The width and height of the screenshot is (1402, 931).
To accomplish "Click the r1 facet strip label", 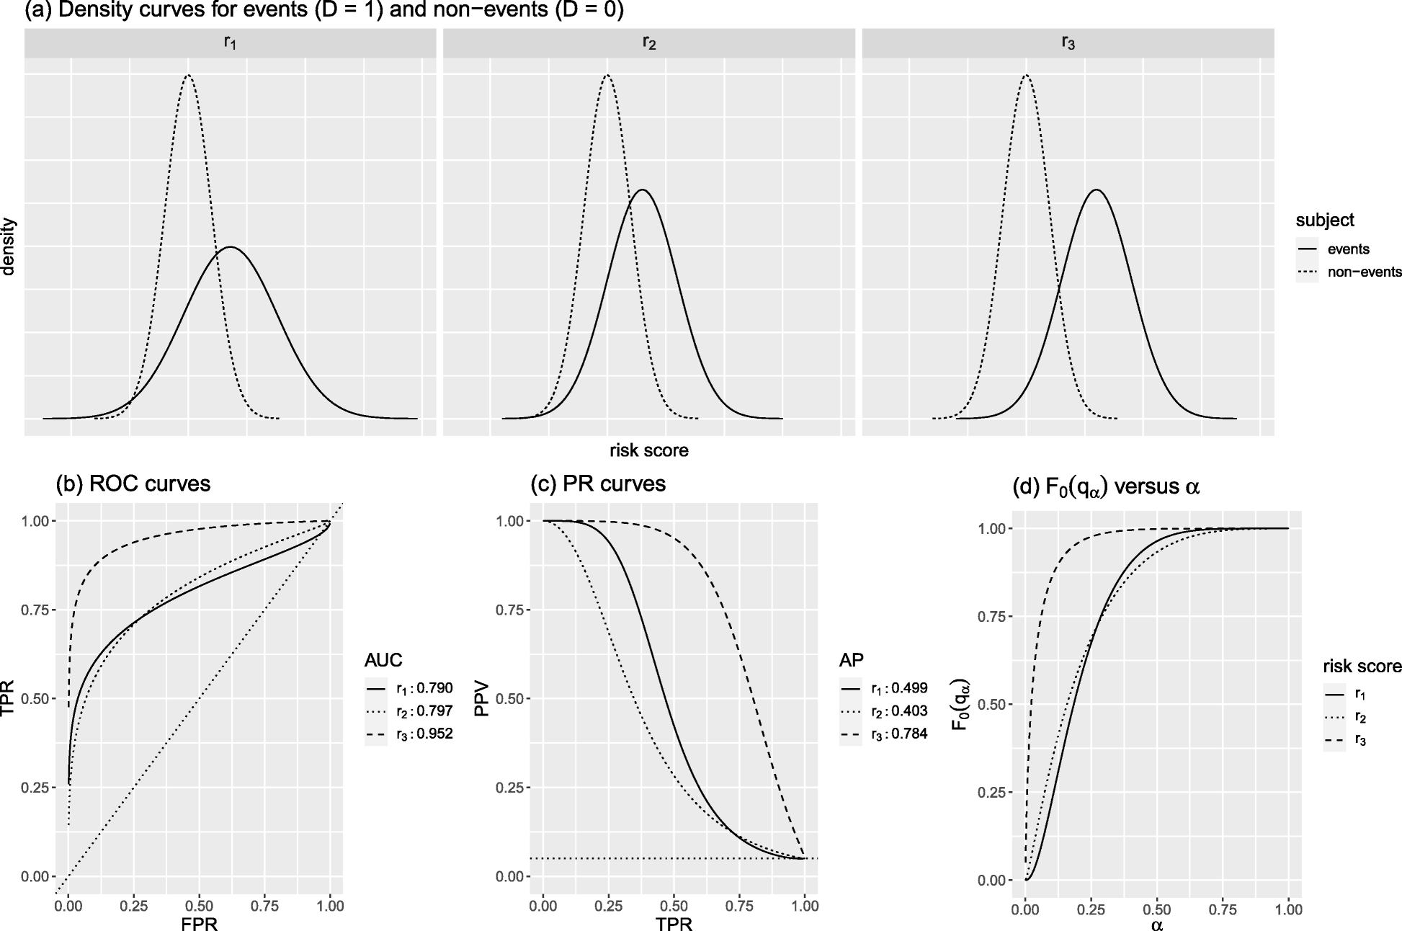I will [x=230, y=43].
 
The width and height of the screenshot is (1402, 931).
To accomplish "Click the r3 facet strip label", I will [x=1068, y=43].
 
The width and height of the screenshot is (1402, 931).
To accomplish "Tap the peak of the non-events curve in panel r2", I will [x=607, y=75].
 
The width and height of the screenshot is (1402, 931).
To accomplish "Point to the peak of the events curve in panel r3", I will [x=1096, y=190].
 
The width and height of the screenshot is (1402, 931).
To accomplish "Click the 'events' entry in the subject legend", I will [x=1348, y=249].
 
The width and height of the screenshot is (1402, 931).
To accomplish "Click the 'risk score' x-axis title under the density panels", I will [x=648, y=451].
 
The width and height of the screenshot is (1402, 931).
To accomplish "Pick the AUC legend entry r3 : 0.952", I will [x=424, y=734].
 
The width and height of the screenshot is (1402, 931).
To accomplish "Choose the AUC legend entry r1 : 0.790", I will [x=424, y=688].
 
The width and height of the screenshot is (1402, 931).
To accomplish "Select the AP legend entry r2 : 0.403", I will [x=898, y=711].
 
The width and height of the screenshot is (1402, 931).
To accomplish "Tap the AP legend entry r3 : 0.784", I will [x=898, y=734].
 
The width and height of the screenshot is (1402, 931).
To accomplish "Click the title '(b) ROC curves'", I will [x=133, y=484].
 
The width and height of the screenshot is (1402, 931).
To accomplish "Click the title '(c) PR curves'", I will [x=598, y=484].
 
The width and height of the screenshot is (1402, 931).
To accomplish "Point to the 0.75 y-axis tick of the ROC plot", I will [x=36, y=610].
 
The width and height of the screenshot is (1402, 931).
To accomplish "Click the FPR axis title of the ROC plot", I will [x=199, y=924].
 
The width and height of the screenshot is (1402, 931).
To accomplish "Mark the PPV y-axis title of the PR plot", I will [x=481, y=699].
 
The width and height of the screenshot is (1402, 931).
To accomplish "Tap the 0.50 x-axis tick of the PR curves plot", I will [x=674, y=905].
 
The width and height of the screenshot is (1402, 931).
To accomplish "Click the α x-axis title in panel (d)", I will [x=1156, y=925].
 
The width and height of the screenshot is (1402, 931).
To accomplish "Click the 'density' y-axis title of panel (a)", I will [x=9, y=246].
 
